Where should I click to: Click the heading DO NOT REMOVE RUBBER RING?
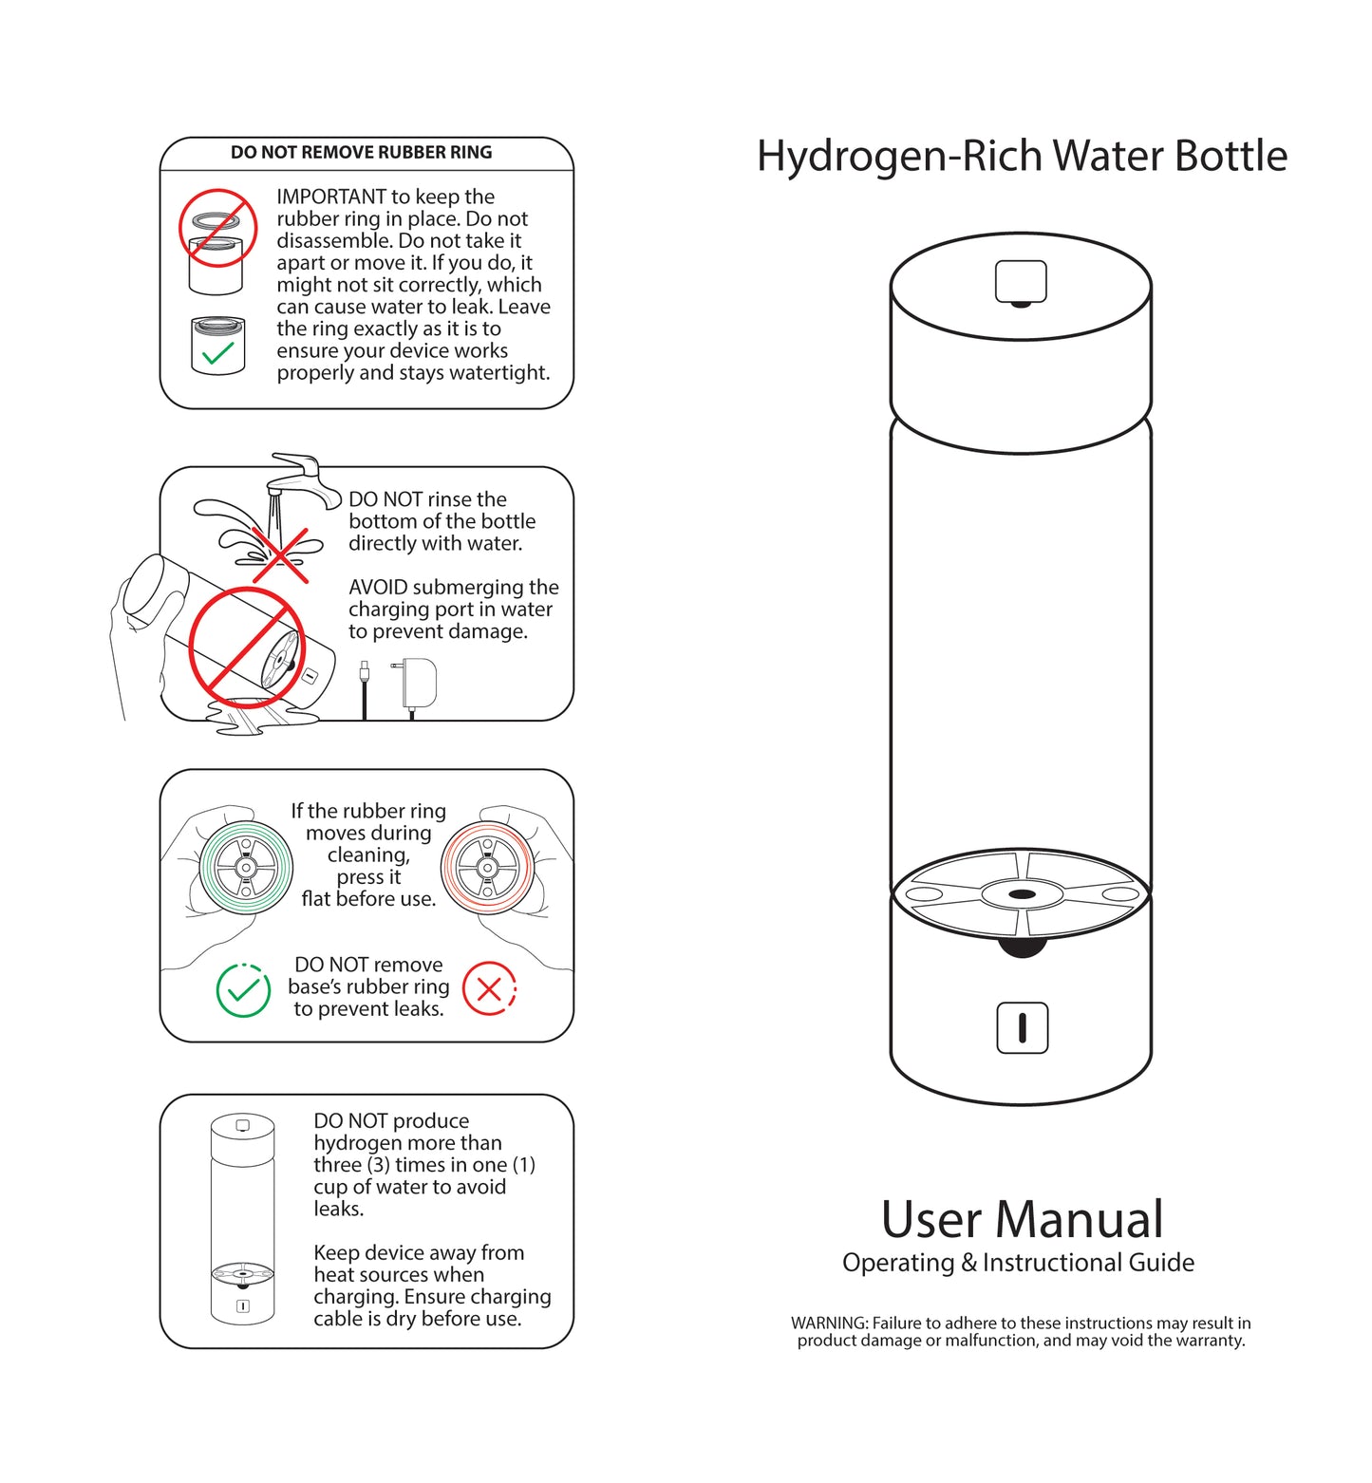click(x=361, y=152)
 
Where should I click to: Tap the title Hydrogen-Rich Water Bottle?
click(x=1022, y=157)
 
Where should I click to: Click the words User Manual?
click(x=1022, y=1219)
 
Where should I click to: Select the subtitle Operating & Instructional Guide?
click(x=1018, y=1263)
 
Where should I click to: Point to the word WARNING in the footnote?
click(x=829, y=1323)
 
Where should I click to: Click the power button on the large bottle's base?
click(x=1022, y=1027)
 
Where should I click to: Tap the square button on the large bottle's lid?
click(x=1021, y=281)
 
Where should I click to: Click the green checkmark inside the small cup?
click(x=218, y=353)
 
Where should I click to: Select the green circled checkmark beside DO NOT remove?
click(x=243, y=990)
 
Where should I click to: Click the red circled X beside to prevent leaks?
click(x=489, y=989)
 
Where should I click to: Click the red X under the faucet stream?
click(x=280, y=554)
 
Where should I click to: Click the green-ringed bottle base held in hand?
click(x=246, y=867)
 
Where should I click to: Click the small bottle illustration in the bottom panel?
click(x=242, y=1220)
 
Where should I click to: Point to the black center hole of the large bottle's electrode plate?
click(x=1022, y=894)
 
